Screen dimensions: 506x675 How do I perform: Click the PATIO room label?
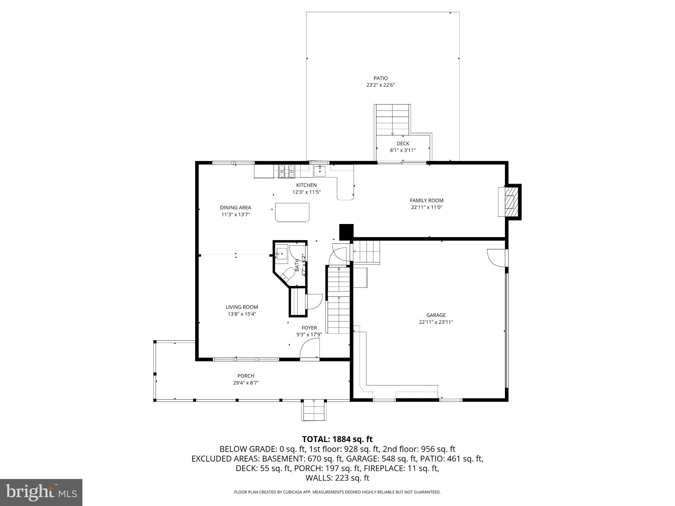pyautogui.click(x=380, y=78)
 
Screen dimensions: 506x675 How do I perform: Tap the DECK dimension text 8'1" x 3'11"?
pyautogui.click(x=403, y=150)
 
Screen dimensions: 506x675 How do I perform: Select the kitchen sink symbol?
pyautogui.click(x=319, y=171)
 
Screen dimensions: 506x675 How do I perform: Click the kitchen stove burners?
pyautogui.click(x=287, y=171)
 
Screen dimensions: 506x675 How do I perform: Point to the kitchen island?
pyautogui.click(x=292, y=212)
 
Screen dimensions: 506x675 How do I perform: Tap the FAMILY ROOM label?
pyautogui.click(x=426, y=200)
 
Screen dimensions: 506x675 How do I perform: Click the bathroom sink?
pyautogui.click(x=281, y=254)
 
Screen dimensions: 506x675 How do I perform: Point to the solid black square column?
pyautogui.click(x=346, y=232)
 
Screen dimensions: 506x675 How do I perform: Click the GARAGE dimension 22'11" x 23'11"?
pyautogui.click(x=436, y=322)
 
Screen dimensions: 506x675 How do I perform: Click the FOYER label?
pyautogui.click(x=309, y=328)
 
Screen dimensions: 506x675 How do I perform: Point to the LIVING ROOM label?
pyautogui.click(x=242, y=307)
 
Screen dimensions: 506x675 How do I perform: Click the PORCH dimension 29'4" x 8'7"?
pyautogui.click(x=246, y=383)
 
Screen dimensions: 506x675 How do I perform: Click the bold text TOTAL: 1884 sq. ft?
pyautogui.click(x=337, y=439)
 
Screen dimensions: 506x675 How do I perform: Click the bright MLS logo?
pyautogui.click(x=41, y=492)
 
